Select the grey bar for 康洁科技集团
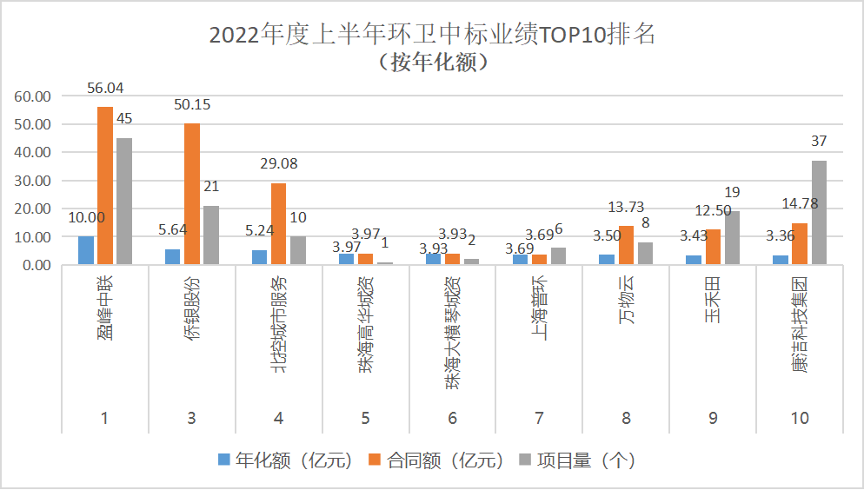819,213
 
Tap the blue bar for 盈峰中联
86,250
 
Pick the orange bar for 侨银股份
192,194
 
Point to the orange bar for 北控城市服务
278,223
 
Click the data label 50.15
192,105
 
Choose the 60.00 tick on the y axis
34,96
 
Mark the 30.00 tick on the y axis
34,180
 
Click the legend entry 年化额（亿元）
284,460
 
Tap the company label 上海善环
540,312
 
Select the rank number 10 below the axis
800,419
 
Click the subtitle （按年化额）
432,63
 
